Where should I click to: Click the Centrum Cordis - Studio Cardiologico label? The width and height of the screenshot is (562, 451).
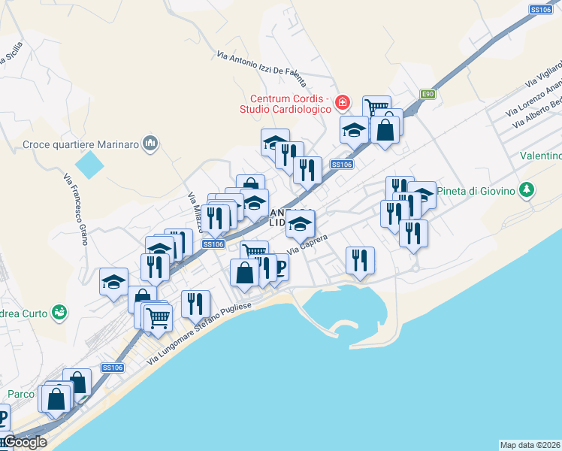point(290,104)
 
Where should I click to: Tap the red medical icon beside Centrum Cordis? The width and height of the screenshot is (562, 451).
point(343,101)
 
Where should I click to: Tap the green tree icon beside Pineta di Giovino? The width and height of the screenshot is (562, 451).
point(528,189)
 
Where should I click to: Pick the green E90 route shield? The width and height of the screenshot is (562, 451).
point(428,94)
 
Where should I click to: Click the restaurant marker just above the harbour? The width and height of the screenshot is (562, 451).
point(360,261)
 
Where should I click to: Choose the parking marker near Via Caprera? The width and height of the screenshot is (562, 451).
point(279,268)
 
